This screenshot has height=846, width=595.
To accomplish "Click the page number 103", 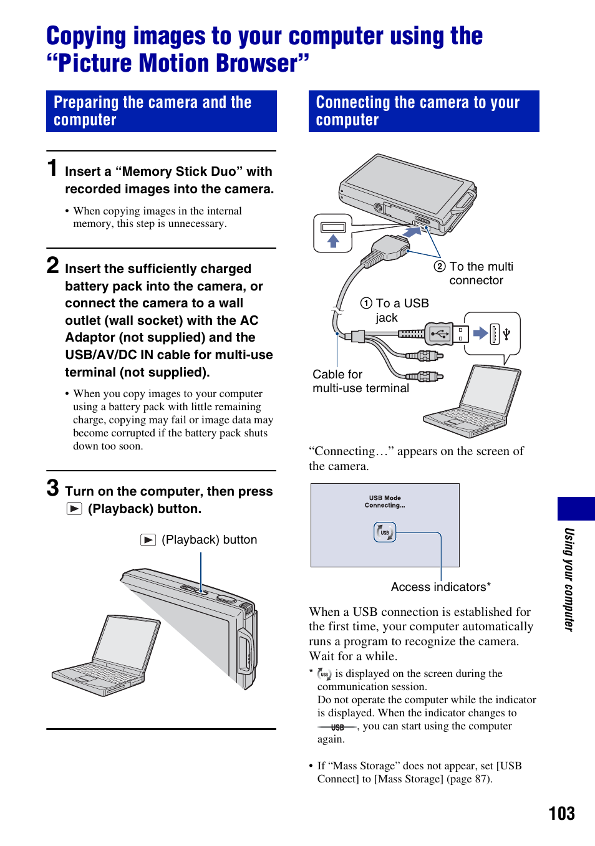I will click(561, 813).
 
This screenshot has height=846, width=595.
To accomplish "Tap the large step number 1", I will click(53, 168).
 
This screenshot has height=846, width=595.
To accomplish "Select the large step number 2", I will click(53, 266).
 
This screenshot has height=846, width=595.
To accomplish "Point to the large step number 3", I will click(53, 488).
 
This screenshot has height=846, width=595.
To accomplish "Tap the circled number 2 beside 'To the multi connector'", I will click(440, 266).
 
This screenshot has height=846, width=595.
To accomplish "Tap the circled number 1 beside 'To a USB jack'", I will click(366, 303).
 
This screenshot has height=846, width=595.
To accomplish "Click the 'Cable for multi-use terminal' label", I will click(360, 381).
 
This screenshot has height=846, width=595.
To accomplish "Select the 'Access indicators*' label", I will click(440, 587).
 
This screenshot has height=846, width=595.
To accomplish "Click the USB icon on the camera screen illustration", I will click(385, 532).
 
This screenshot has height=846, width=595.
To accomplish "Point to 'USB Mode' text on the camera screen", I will click(385, 498).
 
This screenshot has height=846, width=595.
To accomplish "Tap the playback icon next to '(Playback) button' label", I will click(148, 540).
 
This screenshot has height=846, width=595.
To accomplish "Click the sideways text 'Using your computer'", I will click(569, 579).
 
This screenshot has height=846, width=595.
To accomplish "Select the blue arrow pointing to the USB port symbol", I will click(480, 333).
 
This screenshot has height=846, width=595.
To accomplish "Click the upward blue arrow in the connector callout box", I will click(333, 241).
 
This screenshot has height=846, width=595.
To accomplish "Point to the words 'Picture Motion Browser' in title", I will click(178, 64).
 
